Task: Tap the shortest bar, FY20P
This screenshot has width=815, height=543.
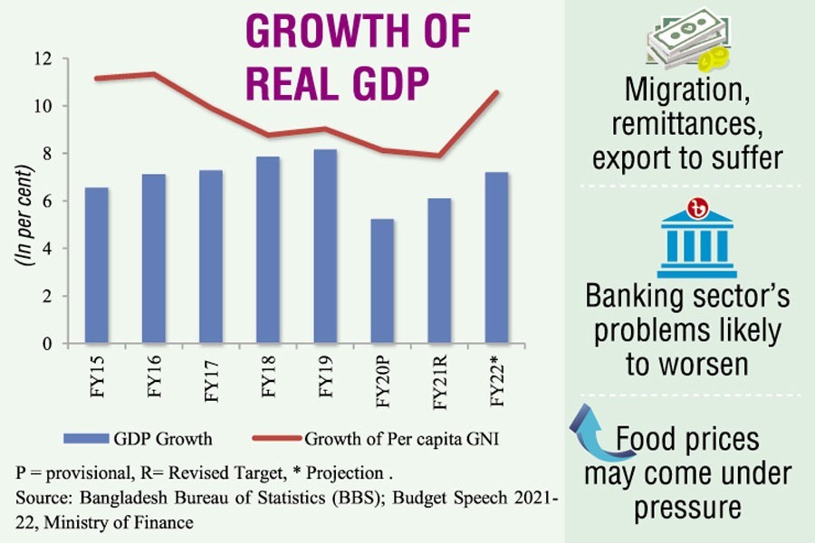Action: pos(381,281)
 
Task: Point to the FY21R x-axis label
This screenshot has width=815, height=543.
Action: pos(439,386)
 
